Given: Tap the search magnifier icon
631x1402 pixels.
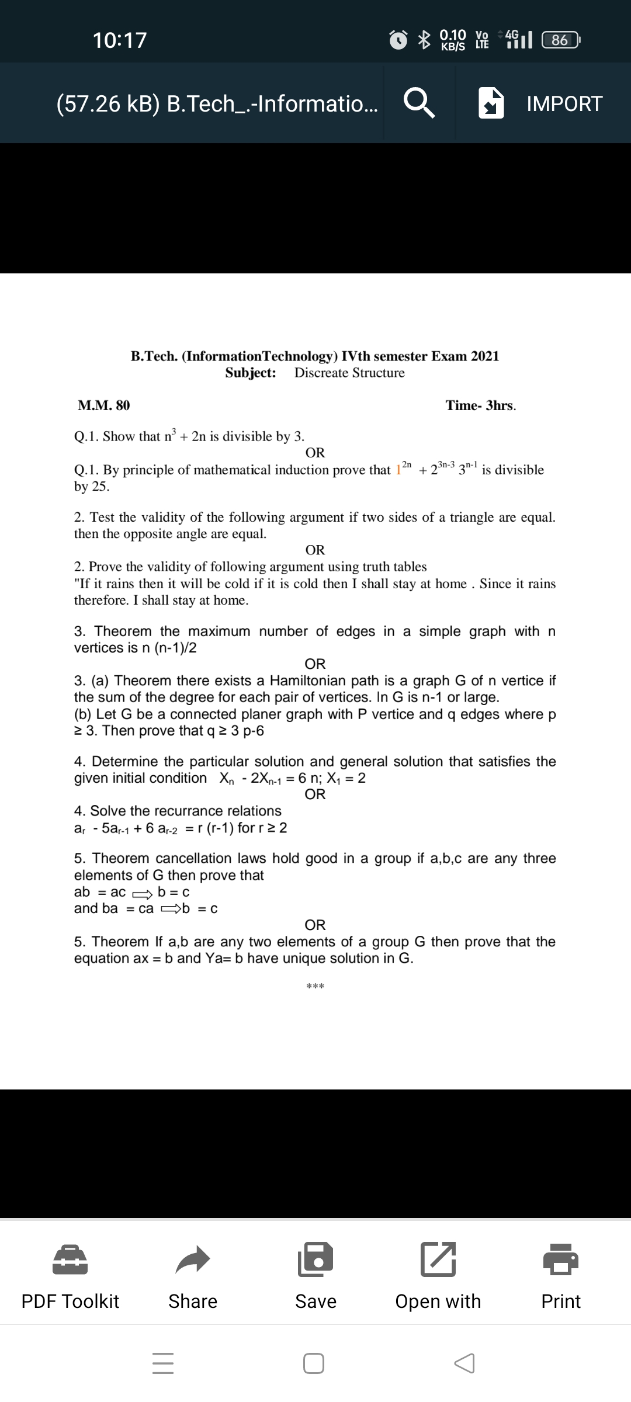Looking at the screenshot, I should coord(419,103).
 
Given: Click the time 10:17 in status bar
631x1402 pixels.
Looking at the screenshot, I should coord(120,40).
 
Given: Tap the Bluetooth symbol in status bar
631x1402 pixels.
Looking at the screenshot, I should coord(424,40).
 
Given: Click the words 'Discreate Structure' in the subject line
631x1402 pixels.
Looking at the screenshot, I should coord(349,373).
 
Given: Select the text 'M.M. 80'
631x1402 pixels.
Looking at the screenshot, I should coord(104,405).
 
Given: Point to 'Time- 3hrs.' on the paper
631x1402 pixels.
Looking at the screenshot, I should coord(480,405).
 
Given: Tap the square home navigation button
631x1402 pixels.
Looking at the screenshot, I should coord(314,1363).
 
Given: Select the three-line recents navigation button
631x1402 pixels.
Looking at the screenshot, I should coord(163,1363).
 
